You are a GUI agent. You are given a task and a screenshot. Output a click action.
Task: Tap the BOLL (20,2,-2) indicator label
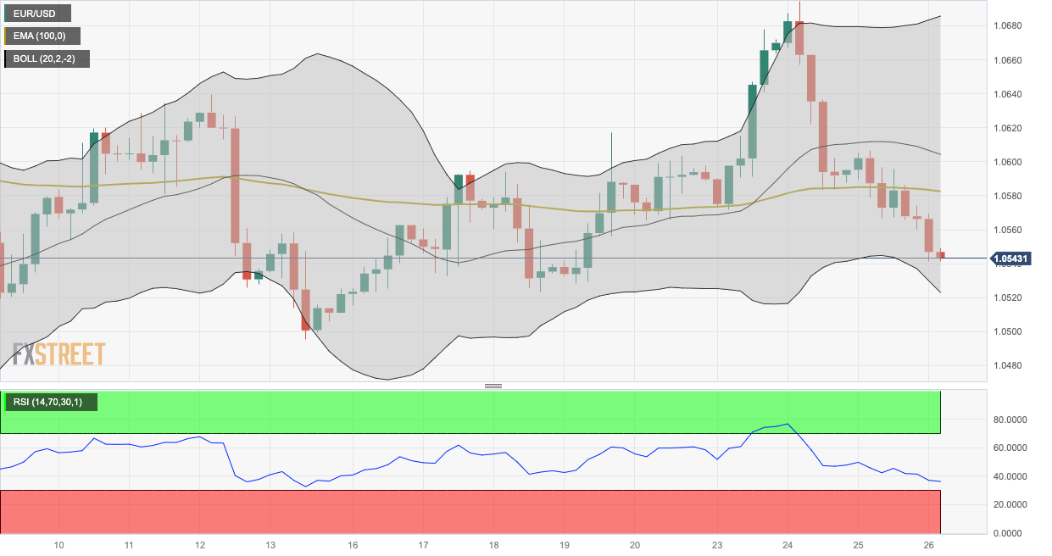(47, 58)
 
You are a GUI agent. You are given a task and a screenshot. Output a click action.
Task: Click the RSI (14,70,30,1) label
(51, 402)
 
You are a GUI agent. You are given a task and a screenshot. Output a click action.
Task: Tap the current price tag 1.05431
(1010, 259)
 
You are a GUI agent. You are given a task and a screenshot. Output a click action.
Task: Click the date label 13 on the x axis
(270, 544)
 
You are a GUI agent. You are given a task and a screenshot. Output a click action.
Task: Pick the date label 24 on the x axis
(788, 544)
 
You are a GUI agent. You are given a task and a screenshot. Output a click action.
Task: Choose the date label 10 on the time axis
(59, 544)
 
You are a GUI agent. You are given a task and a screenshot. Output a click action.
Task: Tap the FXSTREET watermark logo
(59, 354)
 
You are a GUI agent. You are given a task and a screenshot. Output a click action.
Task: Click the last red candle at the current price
(941, 254)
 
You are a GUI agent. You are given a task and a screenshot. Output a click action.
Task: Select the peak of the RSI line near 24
(788, 424)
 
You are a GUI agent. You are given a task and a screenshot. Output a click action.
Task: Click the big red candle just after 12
(235, 186)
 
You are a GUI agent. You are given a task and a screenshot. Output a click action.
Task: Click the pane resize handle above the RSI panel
(493, 386)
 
